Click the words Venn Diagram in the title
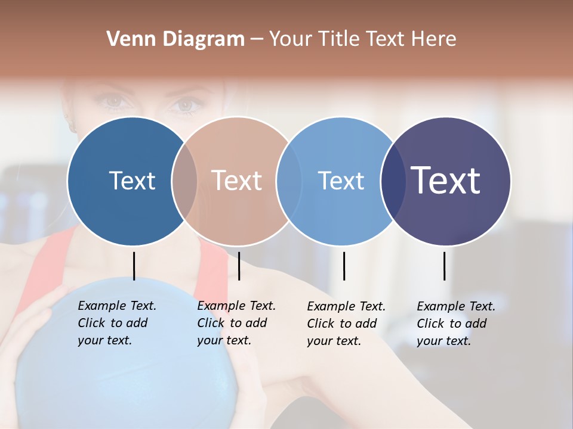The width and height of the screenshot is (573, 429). pos(175,39)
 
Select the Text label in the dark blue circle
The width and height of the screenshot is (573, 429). pos(132,181)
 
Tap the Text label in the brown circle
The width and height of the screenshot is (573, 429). pos(236,181)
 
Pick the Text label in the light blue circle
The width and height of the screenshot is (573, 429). pos(341,181)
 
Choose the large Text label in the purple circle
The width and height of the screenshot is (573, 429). pos(445,180)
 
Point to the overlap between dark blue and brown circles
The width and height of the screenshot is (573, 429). pos(184,181)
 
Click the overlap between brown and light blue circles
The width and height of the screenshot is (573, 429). pos(289,181)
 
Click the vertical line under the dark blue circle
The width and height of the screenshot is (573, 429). pos(134,266)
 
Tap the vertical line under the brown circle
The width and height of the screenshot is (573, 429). pos(239,266)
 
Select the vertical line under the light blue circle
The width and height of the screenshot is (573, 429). pos(344,266)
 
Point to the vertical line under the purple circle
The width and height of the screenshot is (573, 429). pos(444,266)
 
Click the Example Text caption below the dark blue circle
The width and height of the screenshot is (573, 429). pos(116,323)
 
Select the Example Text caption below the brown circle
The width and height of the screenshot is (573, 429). pos(236,323)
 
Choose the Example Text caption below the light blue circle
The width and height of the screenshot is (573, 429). pos(346,324)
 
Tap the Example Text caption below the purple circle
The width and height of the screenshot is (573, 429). pos(455,324)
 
